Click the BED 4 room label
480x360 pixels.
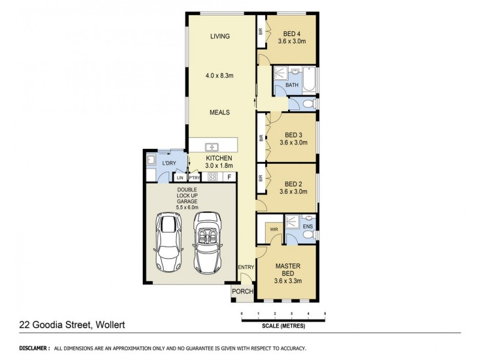pyautogui.click(x=292, y=34)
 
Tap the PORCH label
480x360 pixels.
pyautogui.click(x=243, y=292)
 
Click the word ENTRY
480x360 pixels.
pyautogui.click(x=246, y=267)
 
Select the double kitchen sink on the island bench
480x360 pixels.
pyautogui.click(x=211, y=146)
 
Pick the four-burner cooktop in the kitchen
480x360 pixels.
pyautogui.click(x=212, y=177)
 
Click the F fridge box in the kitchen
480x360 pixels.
pyautogui.click(x=229, y=177)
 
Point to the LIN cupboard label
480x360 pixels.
pyautogui.click(x=180, y=178)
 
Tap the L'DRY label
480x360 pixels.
pyautogui.click(x=170, y=163)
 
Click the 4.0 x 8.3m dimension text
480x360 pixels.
pyautogui.click(x=220, y=75)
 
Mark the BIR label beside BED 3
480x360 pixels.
pyautogui.click(x=261, y=137)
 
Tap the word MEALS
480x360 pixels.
pyautogui.click(x=220, y=112)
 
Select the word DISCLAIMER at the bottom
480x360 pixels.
pyautogui.click(x=34, y=348)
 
